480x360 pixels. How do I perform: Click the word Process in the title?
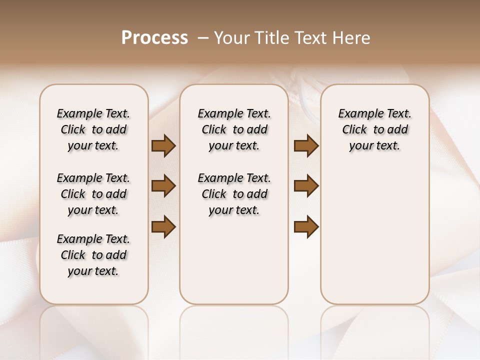[154, 38]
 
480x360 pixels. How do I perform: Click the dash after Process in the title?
[203, 38]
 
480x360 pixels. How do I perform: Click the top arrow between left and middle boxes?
[163, 146]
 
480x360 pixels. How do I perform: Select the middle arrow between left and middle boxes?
[163, 186]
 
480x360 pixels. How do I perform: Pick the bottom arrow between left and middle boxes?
[163, 227]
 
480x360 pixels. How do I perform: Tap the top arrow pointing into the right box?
[306, 146]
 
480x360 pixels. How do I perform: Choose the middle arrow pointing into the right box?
[306, 186]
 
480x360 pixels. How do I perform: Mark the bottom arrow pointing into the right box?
[306, 227]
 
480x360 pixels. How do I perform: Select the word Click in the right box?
[354, 130]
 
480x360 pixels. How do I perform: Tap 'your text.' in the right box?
[374, 146]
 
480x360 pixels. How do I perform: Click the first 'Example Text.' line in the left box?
[93, 114]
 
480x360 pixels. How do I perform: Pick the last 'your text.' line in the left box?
[93, 271]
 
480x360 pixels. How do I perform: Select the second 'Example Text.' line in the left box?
[93, 178]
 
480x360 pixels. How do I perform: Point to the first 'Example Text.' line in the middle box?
[234, 114]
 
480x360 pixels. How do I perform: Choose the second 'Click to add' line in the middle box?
[234, 194]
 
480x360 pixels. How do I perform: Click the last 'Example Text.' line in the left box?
[93, 239]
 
